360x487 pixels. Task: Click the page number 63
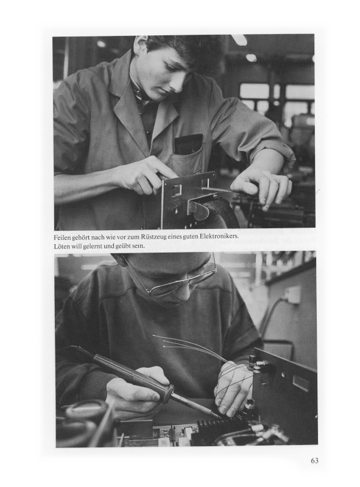point(314,461)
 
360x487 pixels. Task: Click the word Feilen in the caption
point(62,237)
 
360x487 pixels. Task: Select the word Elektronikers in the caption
point(219,236)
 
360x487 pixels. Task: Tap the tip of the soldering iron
point(219,416)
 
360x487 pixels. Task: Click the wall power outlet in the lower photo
point(293,295)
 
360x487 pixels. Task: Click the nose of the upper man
point(178,83)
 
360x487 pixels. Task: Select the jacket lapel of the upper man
point(130,109)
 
